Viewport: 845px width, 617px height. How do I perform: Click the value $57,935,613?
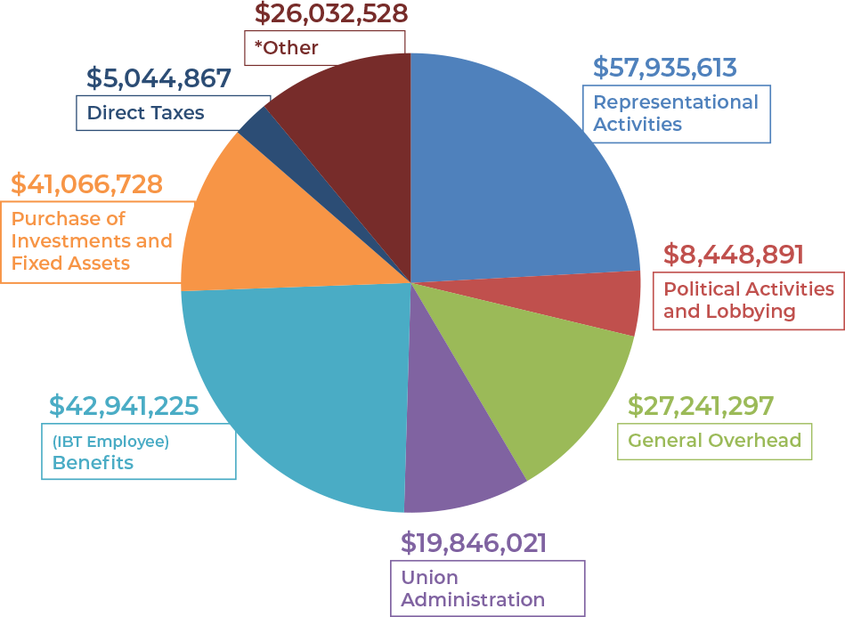click(664, 68)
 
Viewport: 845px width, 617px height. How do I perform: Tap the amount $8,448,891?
click(733, 255)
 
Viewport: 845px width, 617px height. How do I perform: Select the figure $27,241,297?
click(700, 406)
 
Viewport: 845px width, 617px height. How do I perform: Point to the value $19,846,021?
click(473, 542)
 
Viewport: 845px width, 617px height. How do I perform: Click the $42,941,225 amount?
click(124, 406)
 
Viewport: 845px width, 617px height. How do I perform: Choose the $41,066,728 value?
click(86, 184)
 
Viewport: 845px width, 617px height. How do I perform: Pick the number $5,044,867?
click(158, 78)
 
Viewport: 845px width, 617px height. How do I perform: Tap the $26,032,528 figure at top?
click(330, 13)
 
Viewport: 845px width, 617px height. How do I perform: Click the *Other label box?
click(324, 47)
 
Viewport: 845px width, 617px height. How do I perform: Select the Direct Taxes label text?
click(145, 113)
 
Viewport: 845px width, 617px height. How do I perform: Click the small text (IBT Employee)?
click(110, 442)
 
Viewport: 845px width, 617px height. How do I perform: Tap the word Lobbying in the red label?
click(755, 312)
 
